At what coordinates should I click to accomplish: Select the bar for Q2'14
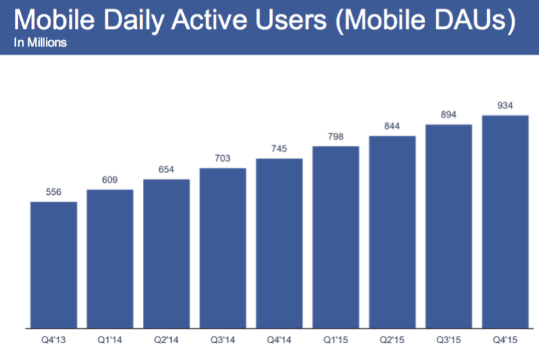(166, 253)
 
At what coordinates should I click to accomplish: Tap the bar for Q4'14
(279, 243)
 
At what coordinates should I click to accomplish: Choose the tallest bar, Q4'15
(505, 222)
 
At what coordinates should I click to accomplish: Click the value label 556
(53, 192)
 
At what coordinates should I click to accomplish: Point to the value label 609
(110, 180)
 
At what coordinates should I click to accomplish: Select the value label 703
(222, 158)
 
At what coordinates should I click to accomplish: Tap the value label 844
(392, 126)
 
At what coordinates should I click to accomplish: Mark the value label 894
(449, 115)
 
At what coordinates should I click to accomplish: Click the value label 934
(505, 106)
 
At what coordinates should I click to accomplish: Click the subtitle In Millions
(40, 42)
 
